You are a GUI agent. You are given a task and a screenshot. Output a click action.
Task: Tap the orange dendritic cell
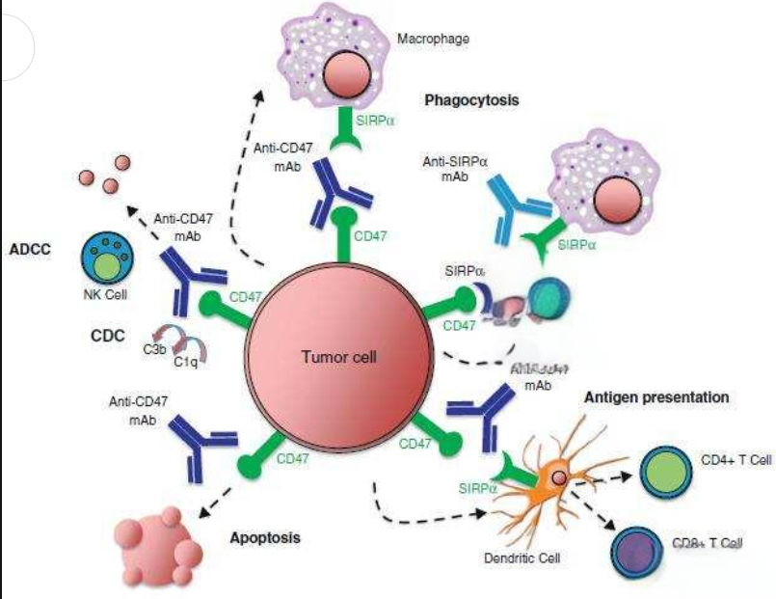553,477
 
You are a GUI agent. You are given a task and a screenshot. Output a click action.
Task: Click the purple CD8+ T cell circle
639,551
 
